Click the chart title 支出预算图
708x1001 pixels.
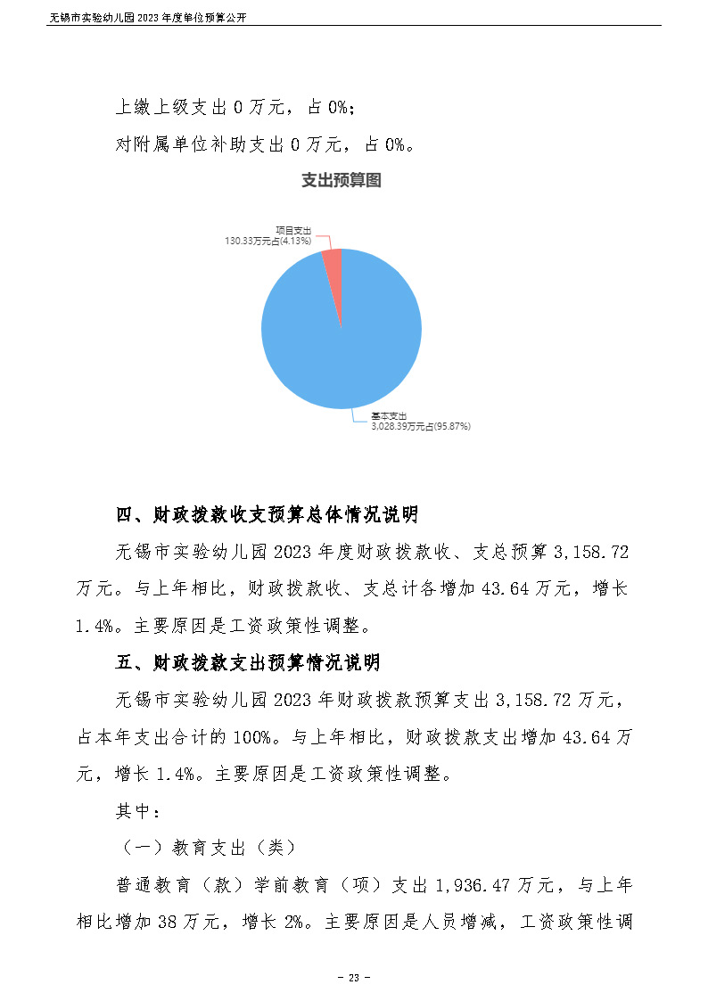pyautogui.click(x=342, y=181)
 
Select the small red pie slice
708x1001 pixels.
pyautogui.click(x=333, y=258)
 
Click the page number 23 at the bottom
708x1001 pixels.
pyautogui.click(x=353, y=978)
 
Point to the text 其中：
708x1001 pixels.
pyautogui.click(x=138, y=811)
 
